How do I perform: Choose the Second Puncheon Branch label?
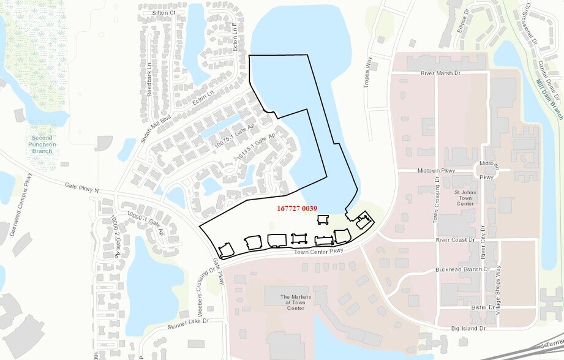point(43,144)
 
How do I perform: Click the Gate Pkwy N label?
point(81,187)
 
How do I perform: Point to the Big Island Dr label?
point(468,329)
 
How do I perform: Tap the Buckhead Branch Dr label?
point(462,269)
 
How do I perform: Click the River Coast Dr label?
point(455,240)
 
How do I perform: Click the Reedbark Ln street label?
point(149,65)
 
